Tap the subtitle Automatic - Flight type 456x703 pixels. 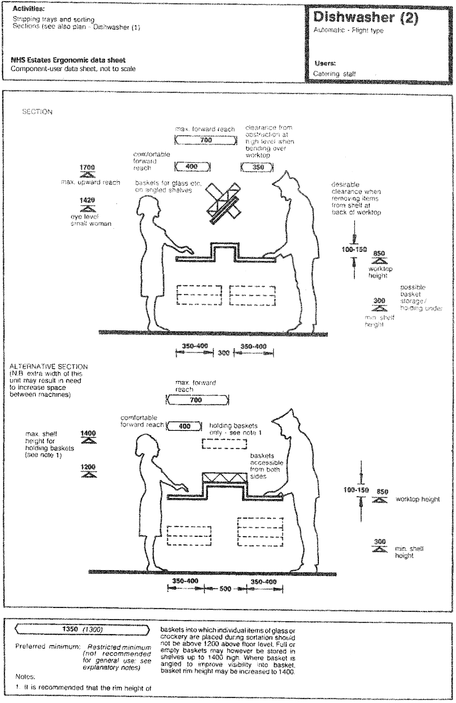[x=348, y=30]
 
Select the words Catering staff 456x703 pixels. [x=334, y=74]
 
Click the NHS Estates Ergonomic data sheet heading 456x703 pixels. [x=68, y=60]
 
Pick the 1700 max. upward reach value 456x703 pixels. [x=87, y=167]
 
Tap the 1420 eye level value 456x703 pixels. [x=87, y=200]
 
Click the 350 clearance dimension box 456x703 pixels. [x=257, y=167]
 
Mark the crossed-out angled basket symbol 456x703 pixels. [x=224, y=203]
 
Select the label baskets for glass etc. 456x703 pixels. [x=168, y=187]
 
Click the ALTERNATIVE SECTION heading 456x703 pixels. [x=49, y=367]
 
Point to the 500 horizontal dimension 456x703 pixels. [x=225, y=588]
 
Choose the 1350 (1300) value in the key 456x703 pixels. [x=82, y=629]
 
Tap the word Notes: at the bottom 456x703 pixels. [x=25, y=677]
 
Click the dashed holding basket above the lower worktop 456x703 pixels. [x=225, y=443]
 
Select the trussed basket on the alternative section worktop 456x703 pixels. [x=224, y=478]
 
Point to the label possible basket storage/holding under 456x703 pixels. [x=421, y=298]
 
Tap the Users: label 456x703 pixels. [x=325, y=64]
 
